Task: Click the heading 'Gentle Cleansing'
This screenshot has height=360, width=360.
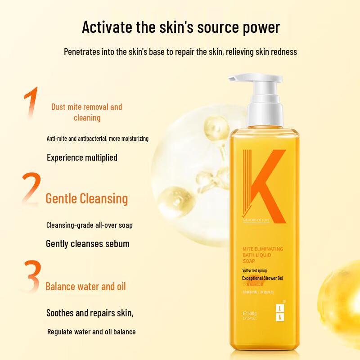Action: tap(87, 198)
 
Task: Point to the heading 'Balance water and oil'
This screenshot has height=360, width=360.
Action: tap(85, 286)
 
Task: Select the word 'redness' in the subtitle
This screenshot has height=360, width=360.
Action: tap(281, 52)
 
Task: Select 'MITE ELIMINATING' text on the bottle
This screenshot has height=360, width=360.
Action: tap(263, 249)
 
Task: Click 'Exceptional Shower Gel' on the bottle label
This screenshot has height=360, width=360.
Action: tap(262, 278)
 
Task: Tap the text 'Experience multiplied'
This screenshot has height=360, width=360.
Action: tap(82, 157)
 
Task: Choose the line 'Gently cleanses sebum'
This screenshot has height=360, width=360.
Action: tap(88, 244)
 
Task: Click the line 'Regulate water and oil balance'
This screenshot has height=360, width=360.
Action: tap(91, 332)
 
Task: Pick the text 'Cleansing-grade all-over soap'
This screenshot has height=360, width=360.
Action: tap(90, 225)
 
